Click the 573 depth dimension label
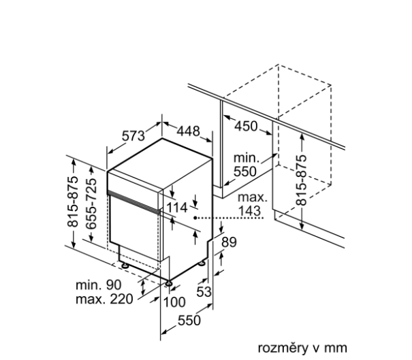click(x=134, y=135)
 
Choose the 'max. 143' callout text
click(x=251, y=204)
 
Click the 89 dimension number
click(x=230, y=242)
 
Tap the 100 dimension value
click(x=174, y=302)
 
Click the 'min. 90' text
click(x=97, y=283)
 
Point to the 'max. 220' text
click(x=100, y=299)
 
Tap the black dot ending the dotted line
click(x=195, y=217)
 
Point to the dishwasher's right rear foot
click(x=203, y=262)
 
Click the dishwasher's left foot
click(x=123, y=265)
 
